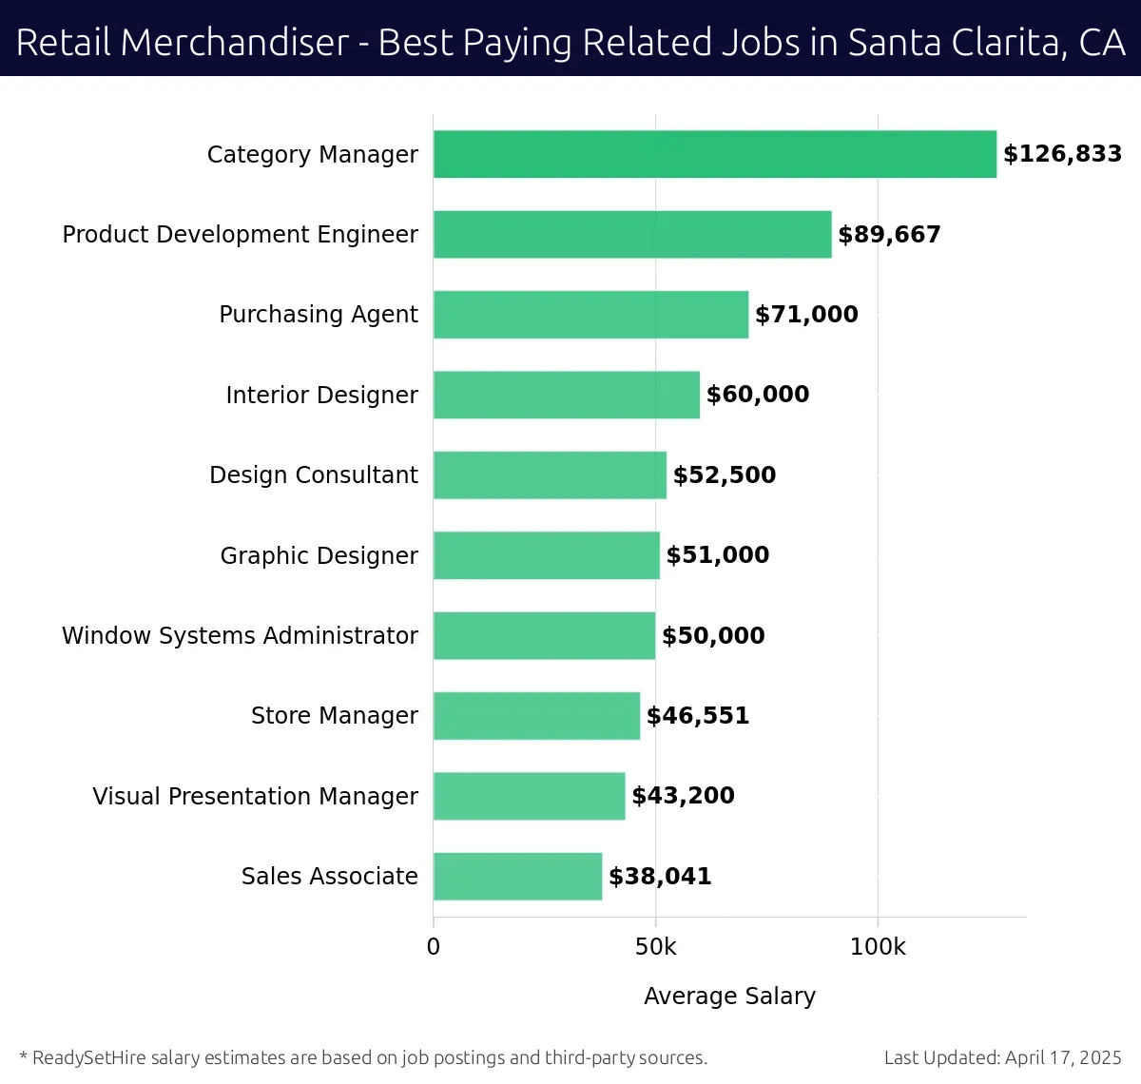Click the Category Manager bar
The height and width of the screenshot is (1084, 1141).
click(715, 154)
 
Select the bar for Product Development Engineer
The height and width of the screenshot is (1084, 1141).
click(632, 235)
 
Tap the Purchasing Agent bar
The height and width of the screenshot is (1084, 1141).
click(590, 315)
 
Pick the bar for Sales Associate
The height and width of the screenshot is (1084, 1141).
click(517, 877)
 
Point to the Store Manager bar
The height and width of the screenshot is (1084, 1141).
click(536, 716)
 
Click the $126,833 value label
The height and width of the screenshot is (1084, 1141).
click(1062, 154)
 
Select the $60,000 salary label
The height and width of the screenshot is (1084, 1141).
click(758, 395)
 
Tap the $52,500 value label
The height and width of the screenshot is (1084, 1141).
click(725, 475)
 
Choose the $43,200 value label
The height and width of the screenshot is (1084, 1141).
click(683, 796)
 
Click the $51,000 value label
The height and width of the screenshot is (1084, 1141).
click(718, 555)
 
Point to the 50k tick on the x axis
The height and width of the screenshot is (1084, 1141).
click(655, 947)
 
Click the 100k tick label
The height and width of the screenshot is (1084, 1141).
click(878, 947)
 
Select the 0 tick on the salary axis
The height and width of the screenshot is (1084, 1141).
click(434, 947)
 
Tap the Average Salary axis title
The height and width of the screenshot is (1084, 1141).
click(729, 996)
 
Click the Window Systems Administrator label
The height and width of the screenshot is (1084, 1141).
click(240, 635)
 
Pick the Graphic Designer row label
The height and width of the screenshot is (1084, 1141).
click(319, 555)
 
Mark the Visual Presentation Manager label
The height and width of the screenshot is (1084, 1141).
click(255, 796)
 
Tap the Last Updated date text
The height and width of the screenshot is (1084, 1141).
click(1002, 1057)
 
